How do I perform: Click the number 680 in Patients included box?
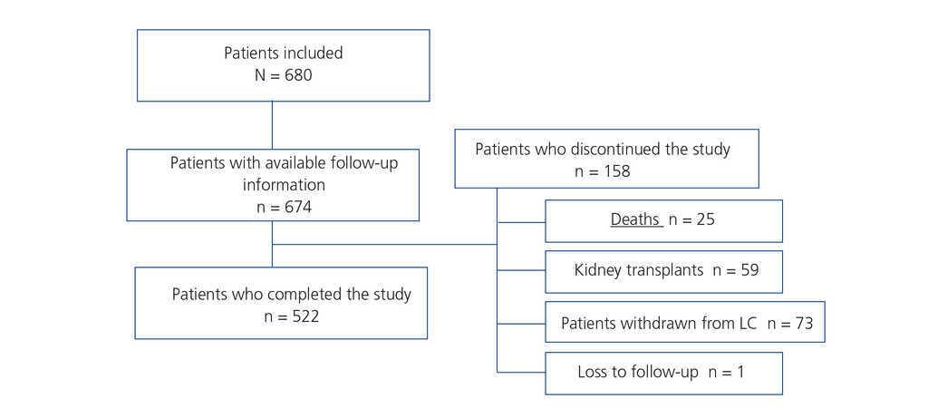point(295,75)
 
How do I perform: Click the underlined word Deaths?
point(635,219)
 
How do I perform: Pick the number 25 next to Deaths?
point(705,219)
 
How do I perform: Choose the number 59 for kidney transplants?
point(749,270)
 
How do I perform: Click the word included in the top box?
point(312,53)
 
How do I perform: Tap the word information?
point(284,185)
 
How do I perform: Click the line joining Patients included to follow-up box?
point(272,125)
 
